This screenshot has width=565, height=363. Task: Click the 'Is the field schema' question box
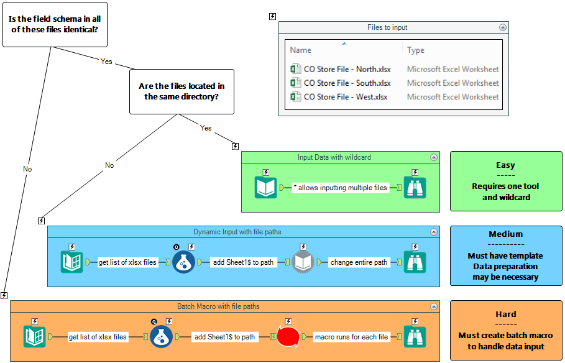[x=55, y=24]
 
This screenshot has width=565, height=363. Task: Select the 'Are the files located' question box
[x=181, y=91]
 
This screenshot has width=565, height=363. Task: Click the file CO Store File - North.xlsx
[x=347, y=70]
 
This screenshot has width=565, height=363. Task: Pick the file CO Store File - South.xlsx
[x=347, y=83]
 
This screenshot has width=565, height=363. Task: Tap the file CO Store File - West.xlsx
[x=345, y=97]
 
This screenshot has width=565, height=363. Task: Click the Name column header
[x=301, y=50]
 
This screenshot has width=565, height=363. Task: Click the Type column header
[x=416, y=50]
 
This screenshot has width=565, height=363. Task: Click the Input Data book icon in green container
[x=266, y=188]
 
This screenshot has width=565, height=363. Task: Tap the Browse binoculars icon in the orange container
[x=415, y=337]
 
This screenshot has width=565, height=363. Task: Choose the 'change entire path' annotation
[x=359, y=262]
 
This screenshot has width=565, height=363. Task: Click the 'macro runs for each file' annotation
[x=351, y=337]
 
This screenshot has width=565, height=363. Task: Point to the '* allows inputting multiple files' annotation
[x=340, y=188]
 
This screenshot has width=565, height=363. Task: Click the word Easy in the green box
[x=505, y=165]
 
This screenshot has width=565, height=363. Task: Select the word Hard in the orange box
[x=505, y=315]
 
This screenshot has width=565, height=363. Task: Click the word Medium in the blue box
[x=505, y=234]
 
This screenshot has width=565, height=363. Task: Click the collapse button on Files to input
[x=503, y=27]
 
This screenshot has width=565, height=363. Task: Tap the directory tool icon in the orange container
[x=34, y=337]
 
